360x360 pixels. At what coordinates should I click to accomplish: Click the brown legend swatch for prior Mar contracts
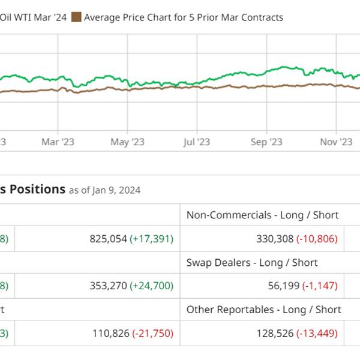76,17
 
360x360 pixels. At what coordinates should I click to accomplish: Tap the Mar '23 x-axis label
59,142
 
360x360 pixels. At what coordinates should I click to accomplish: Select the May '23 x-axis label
128,142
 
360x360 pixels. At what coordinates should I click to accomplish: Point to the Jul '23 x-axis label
196,142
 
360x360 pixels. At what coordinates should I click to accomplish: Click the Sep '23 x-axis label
266,142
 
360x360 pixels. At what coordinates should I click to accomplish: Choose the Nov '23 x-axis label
336,142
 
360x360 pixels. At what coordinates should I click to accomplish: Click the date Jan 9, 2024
116,190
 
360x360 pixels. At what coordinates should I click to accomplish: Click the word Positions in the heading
37,190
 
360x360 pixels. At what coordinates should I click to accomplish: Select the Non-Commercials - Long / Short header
262,215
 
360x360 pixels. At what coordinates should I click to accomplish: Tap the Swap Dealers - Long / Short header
252,262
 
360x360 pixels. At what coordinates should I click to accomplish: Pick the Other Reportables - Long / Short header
263,310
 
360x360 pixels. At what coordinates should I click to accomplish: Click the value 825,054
108,239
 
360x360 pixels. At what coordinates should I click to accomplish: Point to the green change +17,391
152,239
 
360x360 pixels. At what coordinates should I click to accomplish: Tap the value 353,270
108,286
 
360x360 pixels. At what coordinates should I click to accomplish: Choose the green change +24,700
152,286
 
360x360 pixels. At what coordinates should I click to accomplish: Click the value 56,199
283,286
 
